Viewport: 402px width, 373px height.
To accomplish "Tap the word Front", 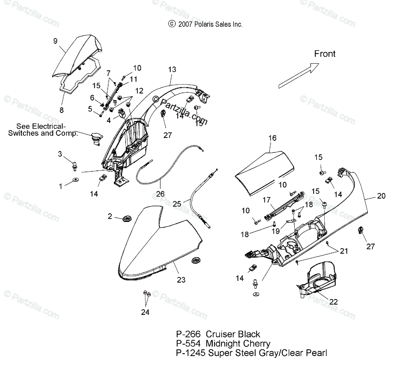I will tap(325, 54).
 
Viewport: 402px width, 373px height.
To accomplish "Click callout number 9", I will tap(55, 41).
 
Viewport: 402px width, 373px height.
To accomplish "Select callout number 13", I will tap(172, 70).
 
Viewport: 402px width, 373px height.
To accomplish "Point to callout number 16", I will tap(272, 138).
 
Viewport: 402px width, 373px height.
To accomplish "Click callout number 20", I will tap(381, 196).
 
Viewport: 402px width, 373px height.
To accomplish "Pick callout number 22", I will tap(333, 302).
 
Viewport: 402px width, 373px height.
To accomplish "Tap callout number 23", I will tap(181, 280).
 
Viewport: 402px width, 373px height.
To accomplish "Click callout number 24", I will tap(145, 312).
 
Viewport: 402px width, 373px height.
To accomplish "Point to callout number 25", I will tap(177, 203).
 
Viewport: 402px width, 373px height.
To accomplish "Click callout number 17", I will tap(266, 200).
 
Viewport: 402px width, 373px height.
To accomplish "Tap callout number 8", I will tap(61, 110).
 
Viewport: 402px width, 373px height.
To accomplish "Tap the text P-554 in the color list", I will tap(188, 343).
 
